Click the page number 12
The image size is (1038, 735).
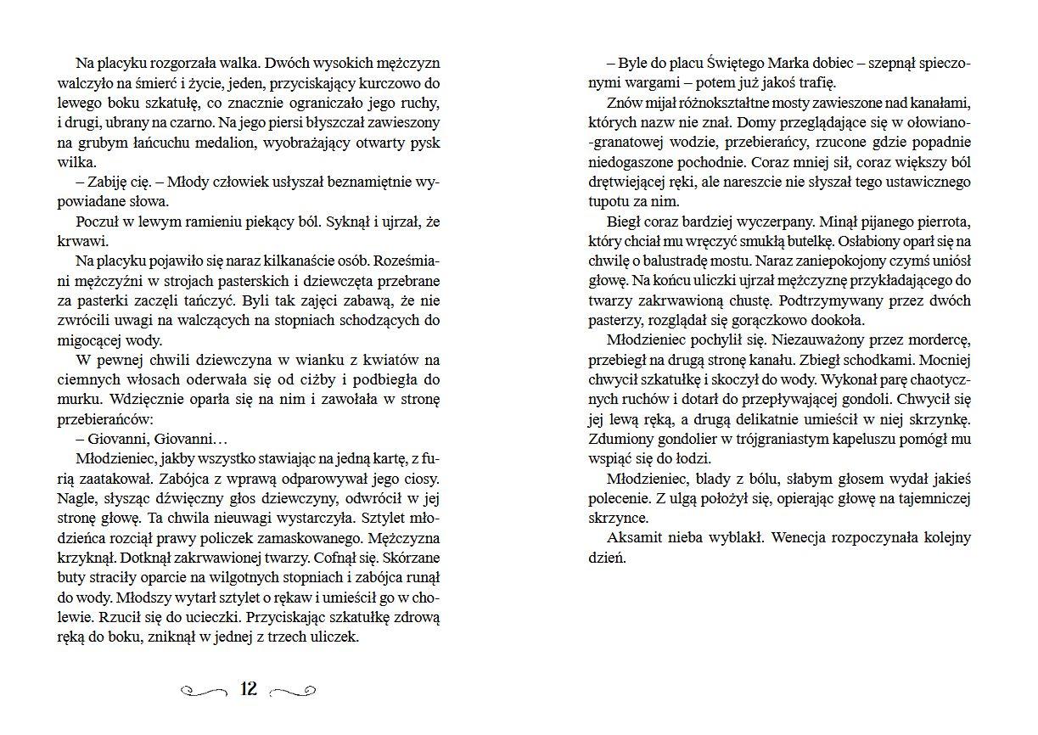coord(249,688)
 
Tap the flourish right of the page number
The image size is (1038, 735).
coord(293,690)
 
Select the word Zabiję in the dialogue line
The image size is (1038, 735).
coord(107,182)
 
